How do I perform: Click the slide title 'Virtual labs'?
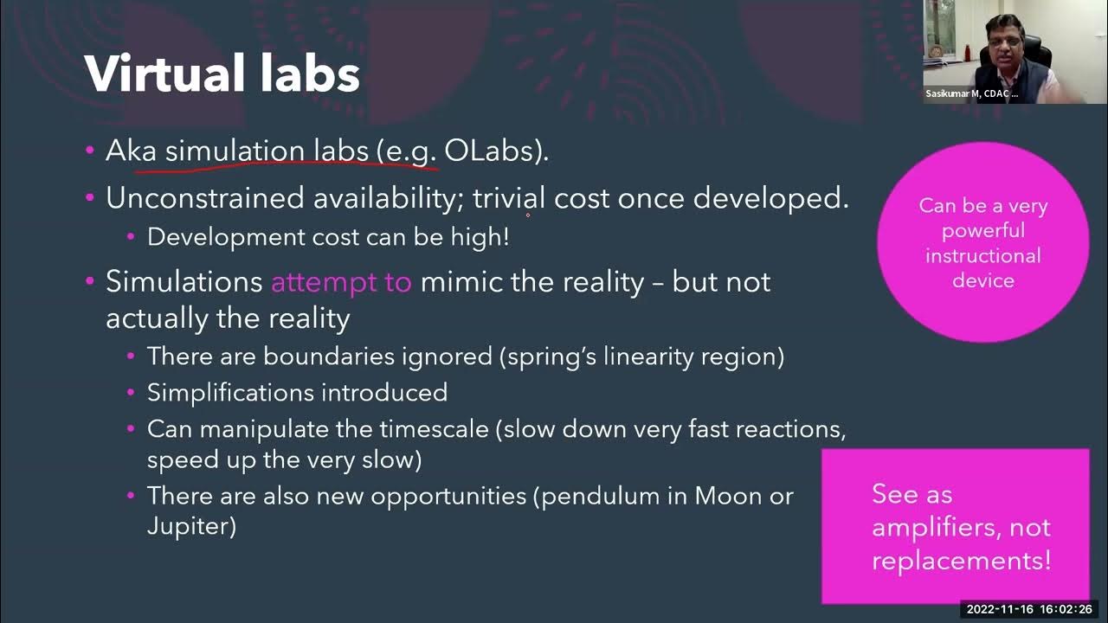[222, 74]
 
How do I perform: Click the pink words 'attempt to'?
[341, 282]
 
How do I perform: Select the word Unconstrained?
[204, 198]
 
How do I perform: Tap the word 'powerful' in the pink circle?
[983, 231]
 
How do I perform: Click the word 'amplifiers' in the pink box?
[961, 527]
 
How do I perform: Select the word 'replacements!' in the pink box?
[961, 560]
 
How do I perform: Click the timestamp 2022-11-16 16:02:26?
[1029, 609]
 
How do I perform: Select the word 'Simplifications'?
[230, 393]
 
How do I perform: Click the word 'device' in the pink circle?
[983, 280]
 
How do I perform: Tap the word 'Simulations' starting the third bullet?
[184, 282]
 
